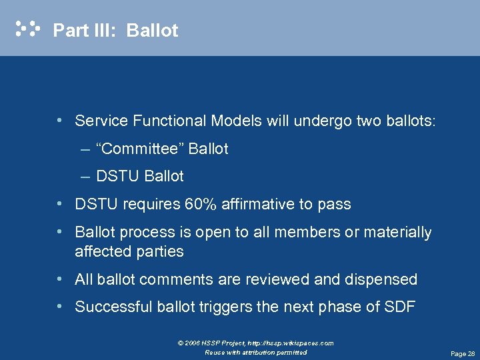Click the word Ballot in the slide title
[152, 31]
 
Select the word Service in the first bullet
[101, 121]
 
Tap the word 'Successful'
[113, 307]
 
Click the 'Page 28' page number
[462, 353]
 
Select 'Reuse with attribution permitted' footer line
[256, 352]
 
